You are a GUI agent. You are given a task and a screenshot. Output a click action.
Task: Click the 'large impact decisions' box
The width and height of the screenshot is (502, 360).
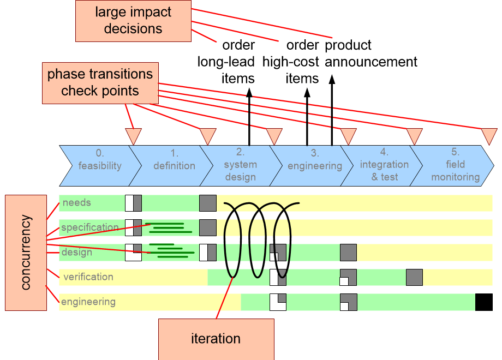point(133,21)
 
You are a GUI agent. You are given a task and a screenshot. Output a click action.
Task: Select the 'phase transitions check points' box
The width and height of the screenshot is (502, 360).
point(100,82)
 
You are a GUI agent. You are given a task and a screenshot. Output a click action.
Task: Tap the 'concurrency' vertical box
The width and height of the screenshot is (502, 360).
point(26,253)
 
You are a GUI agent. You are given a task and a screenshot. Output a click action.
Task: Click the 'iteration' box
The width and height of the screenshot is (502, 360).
point(216,339)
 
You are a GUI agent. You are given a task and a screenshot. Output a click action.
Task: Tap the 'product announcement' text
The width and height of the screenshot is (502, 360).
point(371,53)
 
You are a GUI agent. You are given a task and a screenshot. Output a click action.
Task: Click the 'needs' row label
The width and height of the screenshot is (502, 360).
point(77,203)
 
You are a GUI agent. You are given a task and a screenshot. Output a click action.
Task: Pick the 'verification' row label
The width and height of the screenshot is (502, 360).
point(88,277)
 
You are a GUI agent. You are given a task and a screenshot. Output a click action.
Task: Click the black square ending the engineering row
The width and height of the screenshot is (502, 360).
point(483,302)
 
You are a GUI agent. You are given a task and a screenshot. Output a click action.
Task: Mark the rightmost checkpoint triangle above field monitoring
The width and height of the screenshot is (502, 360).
point(489,135)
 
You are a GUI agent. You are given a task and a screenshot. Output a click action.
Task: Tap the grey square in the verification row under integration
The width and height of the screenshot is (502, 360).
point(414,277)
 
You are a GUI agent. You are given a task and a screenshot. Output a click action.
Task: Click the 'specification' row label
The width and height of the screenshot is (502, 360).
point(89,227)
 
